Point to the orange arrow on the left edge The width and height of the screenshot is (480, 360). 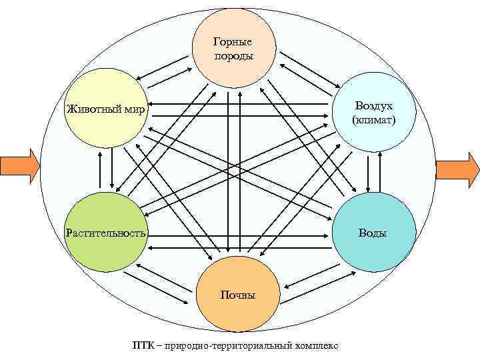(19, 166)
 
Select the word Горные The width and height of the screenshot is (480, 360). (234, 43)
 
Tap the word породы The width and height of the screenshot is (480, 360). (234, 55)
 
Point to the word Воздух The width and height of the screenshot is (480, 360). (373, 107)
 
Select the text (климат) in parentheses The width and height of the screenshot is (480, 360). (373, 121)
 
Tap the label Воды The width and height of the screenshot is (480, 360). (373, 233)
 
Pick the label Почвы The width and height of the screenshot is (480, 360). (238, 295)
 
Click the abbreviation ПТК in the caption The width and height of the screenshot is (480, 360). (143, 345)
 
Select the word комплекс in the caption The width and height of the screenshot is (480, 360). (315, 345)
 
